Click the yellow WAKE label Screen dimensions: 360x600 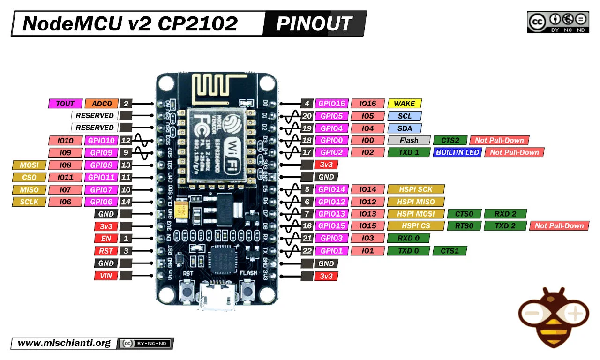405,104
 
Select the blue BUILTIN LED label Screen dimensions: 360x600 457,152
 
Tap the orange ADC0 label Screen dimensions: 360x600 102,104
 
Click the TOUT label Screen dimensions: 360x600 65,104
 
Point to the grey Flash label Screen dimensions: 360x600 409,140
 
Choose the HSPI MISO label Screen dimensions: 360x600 415,202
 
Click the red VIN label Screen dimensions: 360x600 106,276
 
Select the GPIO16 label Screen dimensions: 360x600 331,104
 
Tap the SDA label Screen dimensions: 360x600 405,128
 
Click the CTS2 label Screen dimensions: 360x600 450,140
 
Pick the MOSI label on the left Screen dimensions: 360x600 29,165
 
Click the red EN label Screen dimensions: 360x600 106,238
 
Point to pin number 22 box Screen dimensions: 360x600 307,251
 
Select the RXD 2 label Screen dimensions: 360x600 505,214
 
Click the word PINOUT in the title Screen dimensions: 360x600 314,23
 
